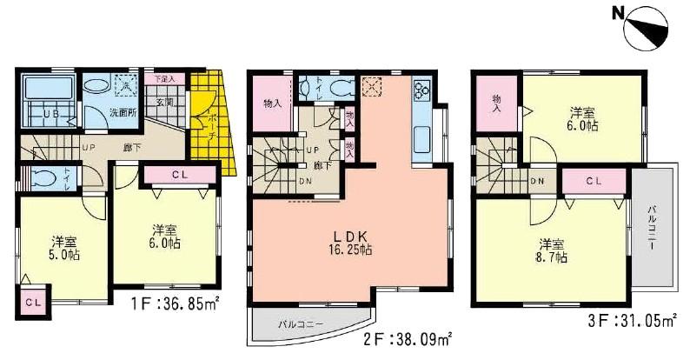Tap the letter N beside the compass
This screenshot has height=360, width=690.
pyautogui.click(x=615, y=13)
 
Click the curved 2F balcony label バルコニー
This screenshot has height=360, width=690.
pyautogui.click(x=302, y=323)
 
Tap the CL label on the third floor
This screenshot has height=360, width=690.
pyautogui.click(x=594, y=181)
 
